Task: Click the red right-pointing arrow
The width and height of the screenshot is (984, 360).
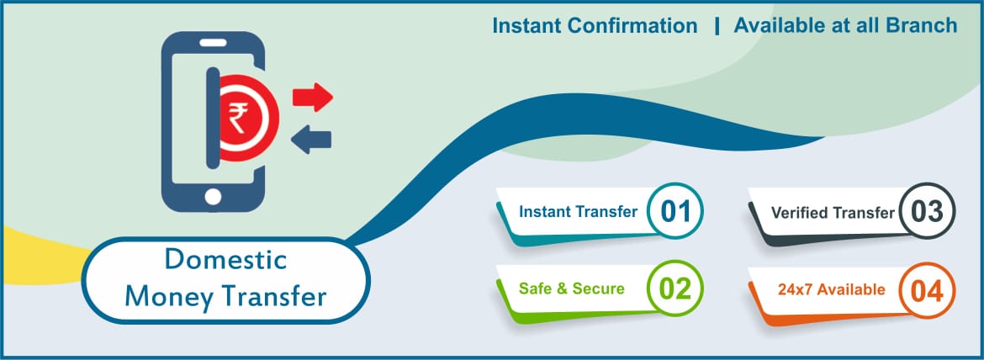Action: click(312, 97)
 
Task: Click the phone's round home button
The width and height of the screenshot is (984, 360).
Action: click(213, 197)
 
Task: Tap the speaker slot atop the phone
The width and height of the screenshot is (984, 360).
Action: click(212, 43)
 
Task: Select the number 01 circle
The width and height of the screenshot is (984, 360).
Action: click(675, 211)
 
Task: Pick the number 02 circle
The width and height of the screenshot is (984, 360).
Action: click(675, 289)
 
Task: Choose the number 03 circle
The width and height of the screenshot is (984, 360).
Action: click(927, 211)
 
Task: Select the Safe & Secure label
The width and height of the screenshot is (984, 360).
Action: click(572, 289)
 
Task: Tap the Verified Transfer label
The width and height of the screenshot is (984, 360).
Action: click(833, 213)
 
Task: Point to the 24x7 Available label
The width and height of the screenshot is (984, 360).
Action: click(831, 289)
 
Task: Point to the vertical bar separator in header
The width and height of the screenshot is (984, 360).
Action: click(717, 26)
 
